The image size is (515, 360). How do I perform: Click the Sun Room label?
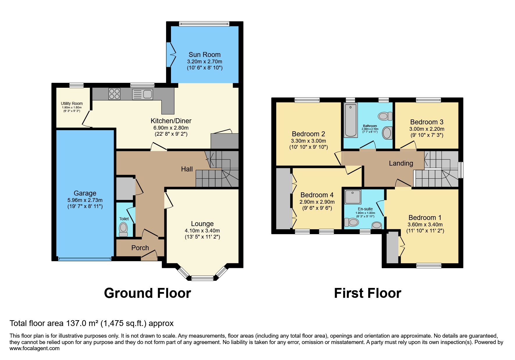[204, 55]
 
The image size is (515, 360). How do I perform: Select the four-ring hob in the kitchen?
[114, 94]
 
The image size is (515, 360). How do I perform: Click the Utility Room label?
[72, 103]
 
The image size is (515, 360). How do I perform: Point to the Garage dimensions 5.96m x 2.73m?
[85, 200]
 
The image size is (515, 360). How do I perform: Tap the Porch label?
[140, 248]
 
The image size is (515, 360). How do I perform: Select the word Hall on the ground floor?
[187, 169]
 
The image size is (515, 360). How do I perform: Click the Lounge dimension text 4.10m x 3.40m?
[202, 231]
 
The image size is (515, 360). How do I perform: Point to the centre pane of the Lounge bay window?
[202, 278]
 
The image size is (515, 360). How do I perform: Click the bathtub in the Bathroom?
[351, 120]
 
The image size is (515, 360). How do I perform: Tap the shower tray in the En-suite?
[353, 197]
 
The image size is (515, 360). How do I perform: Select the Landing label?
[401, 163]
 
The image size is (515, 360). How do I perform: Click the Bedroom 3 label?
[427, 122]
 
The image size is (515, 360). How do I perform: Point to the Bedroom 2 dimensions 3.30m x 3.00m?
[308, 141]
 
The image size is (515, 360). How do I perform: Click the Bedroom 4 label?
[317, 195]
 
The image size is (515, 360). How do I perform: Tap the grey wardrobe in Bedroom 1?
[392, 247]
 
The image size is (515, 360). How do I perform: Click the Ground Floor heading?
[147, 293]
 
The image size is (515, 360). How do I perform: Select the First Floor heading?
[367, 293]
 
